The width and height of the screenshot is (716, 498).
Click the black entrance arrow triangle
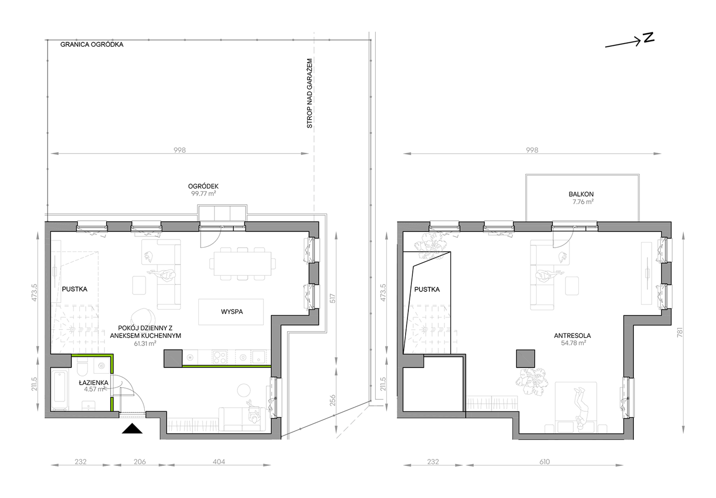coord(132,429)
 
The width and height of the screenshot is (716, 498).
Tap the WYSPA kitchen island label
coord(232,312)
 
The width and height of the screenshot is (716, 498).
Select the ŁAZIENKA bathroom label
coord(93,382)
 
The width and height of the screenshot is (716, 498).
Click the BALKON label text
coord(581,194)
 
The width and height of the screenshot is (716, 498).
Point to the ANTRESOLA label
coord(572,336)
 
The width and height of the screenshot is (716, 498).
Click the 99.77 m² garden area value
coord(203,194)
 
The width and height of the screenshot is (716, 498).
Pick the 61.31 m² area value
coord(145,344)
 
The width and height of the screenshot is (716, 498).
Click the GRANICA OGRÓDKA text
coord(92,44)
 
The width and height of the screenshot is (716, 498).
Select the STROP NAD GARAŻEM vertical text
coord(310,93)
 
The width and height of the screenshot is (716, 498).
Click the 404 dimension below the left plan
coord(219,461)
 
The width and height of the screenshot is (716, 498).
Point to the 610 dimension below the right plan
coord(545,461)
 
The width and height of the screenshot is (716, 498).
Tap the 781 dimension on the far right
coord(680,332)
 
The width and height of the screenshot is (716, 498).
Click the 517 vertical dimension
coord(332,299)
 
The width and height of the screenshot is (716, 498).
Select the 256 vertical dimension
coord(332,400)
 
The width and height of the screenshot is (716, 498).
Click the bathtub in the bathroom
coord(60,390)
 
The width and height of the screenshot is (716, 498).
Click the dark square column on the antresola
coord(525,359)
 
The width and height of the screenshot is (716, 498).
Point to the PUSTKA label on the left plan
coord(75,289)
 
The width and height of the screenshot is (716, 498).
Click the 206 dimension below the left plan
coord(139,461)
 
